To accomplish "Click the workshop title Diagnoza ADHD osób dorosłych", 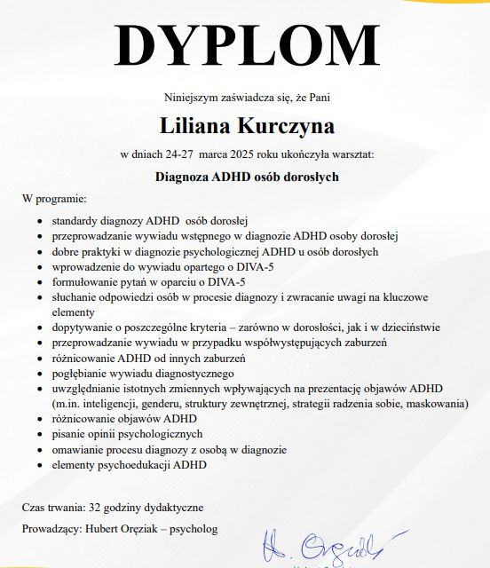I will [x=247, y=177].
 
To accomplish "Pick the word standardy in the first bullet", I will [x=75, y=219].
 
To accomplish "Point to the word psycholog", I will [x=194, y=530].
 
